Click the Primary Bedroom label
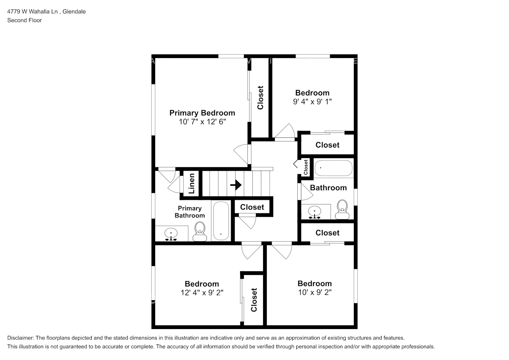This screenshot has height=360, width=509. tap(202, 113)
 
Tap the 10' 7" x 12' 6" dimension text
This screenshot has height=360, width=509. tap(202, 122)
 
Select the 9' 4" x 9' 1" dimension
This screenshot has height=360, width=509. tap(312, 102)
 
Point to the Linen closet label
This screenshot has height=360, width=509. tap(192, 183)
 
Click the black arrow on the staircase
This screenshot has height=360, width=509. tap(236, 185)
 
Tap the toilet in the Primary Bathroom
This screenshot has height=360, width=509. tap(200, 231)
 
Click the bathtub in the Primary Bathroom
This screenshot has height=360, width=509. tap(221, 221)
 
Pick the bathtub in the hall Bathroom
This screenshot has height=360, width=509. tap(333, 168)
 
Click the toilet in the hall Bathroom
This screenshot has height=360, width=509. tap(342, 209)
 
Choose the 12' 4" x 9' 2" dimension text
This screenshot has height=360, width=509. tap(202, 292)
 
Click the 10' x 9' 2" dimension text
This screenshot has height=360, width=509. tap(315, 292)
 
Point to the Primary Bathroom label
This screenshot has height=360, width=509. tap(189, 212)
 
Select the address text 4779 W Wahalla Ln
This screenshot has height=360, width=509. tap(32, 12)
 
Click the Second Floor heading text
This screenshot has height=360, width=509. tap(24, 20)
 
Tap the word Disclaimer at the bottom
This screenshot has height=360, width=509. tap(21, 338)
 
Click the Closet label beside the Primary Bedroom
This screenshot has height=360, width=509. tap(260, 98)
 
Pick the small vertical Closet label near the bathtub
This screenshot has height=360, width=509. tap(306, 167)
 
